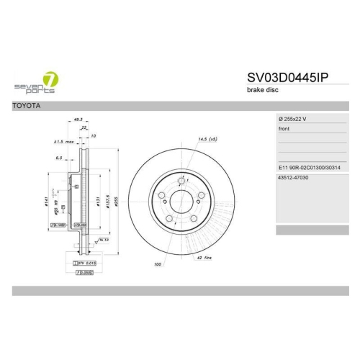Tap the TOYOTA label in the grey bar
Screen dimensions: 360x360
click(27, 106)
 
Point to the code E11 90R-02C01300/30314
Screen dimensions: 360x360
click(308, 167)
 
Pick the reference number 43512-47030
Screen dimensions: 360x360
click(292, 177)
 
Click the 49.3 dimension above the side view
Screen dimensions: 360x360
click(78, 120)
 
